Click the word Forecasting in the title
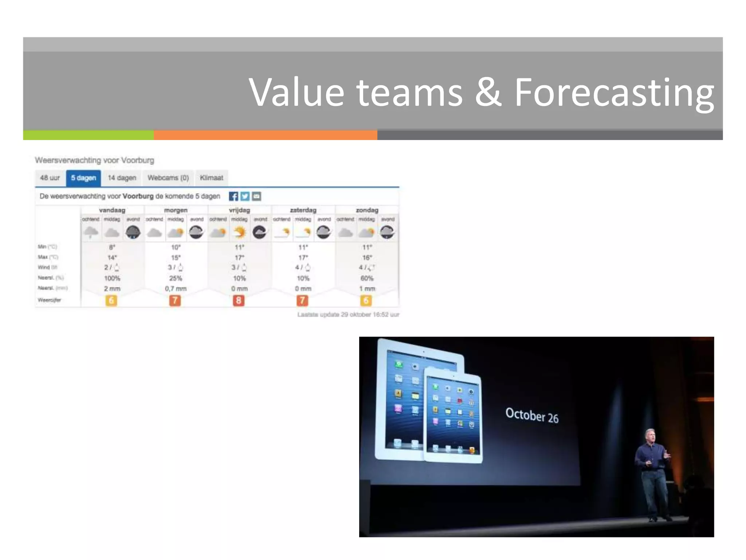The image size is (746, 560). tap(614, 93)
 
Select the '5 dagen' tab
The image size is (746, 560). tap(83, 178)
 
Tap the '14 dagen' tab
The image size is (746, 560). tap(122, 178)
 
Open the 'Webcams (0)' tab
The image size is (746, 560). tap(168, 178)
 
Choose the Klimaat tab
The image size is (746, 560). tap(211, 178)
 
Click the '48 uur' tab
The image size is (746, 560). tap(50, 178)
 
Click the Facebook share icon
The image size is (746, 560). tap(233, 197)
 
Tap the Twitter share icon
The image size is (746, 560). tap(245, 197)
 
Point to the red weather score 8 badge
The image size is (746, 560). tap(239, 300)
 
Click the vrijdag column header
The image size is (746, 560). tap(239, 210)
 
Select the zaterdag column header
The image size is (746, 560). tap(303, 210)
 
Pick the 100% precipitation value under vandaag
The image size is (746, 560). tap(112, 278)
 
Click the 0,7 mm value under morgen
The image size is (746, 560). tap(176, 288)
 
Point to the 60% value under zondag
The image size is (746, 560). tap(367, 278)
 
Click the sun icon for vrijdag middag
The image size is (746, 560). tap(239, 232)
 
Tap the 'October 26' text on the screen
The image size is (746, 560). tap(532, 416)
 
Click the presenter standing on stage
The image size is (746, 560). tap(653, 474)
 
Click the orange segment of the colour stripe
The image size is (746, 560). tap(265, 135)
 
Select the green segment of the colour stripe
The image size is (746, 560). tap(88, 135)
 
